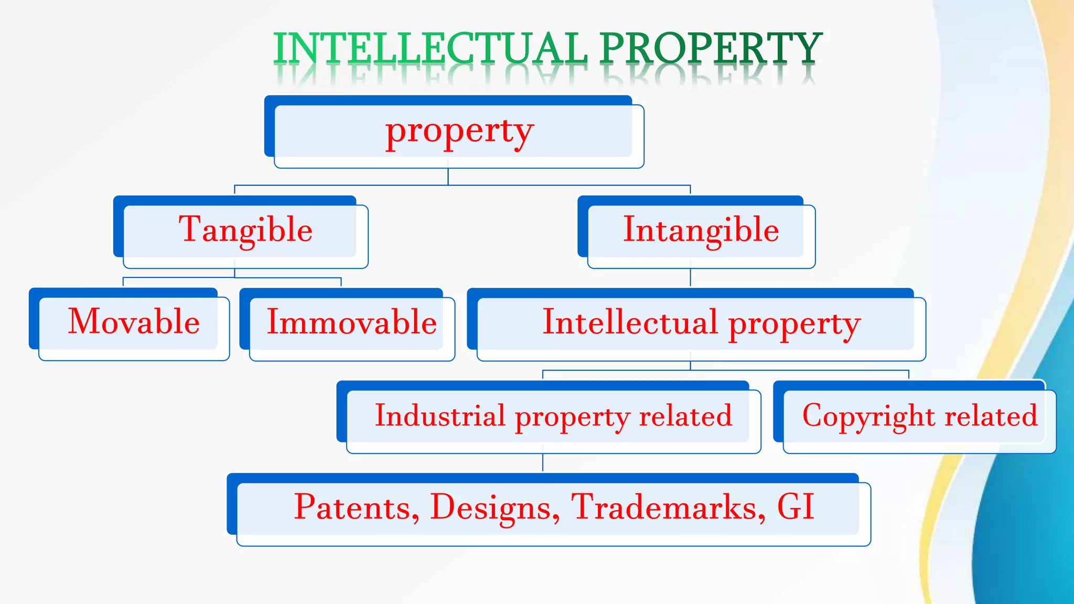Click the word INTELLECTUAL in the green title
pyautogui.click(x=430, y=48)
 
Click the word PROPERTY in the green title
pyautogui.click(x=711, y=48)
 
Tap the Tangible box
pyautogui.click(x=245, y=231)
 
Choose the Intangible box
pyautogui.click(x=701, y=231)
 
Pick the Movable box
pyautogui.click(x=134, y=322)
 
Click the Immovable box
pyautogui.click(x=351, y=322)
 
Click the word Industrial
pyautogui.click(x=440, y=416)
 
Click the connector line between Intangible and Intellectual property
pyautogui.click(x=690, y=278)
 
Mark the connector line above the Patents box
pyautogui.click(x=543, y=463)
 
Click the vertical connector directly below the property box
pyautogui.click(x=448, y=177)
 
